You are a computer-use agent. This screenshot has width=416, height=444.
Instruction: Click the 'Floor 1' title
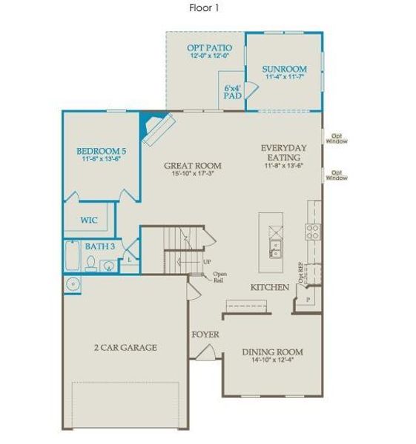coord(204,8)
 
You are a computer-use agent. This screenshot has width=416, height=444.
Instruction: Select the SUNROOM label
coord(284,69)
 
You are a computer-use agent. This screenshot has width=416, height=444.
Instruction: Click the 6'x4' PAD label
coord(233,91)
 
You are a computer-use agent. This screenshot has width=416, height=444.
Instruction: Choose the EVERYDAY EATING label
coord(284,152)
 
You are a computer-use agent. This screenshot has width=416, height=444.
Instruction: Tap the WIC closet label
coord(90,220)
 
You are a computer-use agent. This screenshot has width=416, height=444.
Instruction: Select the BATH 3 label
coord(99,246)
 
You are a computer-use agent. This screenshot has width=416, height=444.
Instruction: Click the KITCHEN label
coord(269,286)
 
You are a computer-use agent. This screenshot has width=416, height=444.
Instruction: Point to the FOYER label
coord(205,334)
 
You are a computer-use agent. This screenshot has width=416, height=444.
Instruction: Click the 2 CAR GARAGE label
coord(125,347)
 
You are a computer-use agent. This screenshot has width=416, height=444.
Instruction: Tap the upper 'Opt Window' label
coord(338,138)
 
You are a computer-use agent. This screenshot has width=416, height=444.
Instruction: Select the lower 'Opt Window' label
coord(337,175)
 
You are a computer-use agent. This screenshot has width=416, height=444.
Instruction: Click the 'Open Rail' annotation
coord(219,277)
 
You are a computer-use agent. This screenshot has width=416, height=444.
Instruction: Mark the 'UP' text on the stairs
coord(208,261)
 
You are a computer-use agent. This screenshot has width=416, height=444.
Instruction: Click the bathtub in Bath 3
coord(73,257)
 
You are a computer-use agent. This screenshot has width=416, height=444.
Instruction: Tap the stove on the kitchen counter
coord(313,232)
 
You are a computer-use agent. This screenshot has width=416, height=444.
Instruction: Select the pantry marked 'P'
coord(307,299)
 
